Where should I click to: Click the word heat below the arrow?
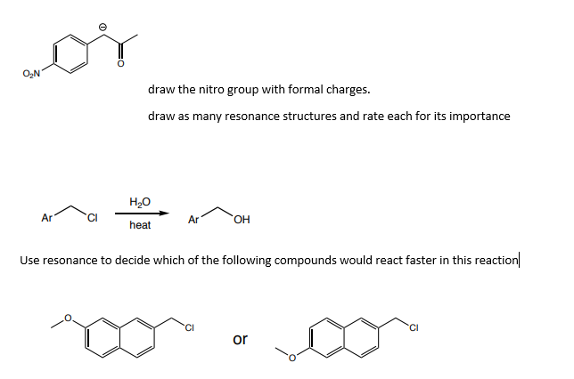click(140, 226)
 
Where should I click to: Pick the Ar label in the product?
click(193, 219)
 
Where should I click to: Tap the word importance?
click(480, 117)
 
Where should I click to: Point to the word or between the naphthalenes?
click(240, 339)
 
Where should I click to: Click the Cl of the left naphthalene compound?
click(190, 324)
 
